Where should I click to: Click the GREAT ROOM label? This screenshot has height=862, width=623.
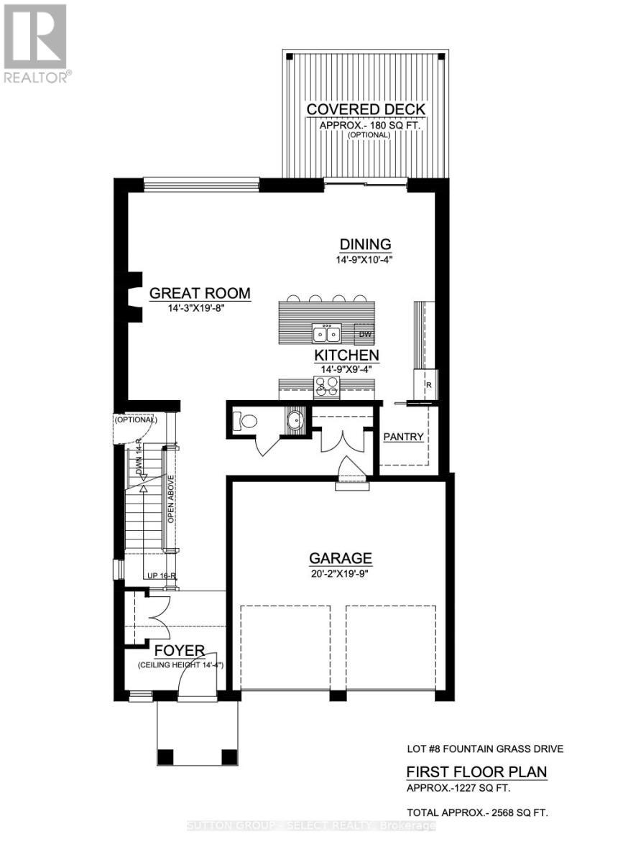(x=200, y=293)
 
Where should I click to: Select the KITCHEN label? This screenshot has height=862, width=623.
(x=346, y=356)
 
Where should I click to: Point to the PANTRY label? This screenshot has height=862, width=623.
(x=403, y=437)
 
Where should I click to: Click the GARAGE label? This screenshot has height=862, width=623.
(x=341, y=558)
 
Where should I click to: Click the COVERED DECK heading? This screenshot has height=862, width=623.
(x=366, y=109)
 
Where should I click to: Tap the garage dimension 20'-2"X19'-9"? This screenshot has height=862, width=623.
(x=341, y=573)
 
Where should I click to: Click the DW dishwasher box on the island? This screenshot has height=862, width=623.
(x=364, y=334)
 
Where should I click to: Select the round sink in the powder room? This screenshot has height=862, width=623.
(x=294, y=420)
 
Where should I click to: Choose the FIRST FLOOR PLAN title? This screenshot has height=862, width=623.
(x=476, y=772)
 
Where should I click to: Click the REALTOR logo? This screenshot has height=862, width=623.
(x=35, y=43)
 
